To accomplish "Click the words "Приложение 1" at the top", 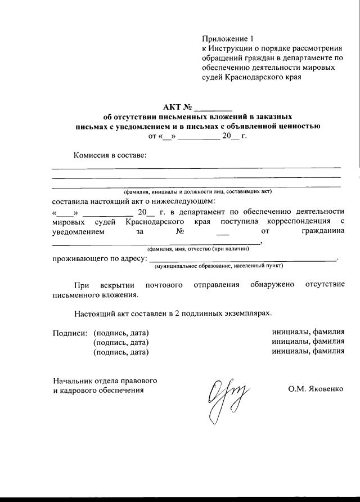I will coord(228,39).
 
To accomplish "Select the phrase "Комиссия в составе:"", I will coord(110,155).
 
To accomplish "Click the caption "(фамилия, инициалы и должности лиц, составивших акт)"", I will coord(197,191).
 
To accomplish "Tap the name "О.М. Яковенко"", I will coord(316,389).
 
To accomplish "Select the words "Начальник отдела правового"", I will coord(105,380).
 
